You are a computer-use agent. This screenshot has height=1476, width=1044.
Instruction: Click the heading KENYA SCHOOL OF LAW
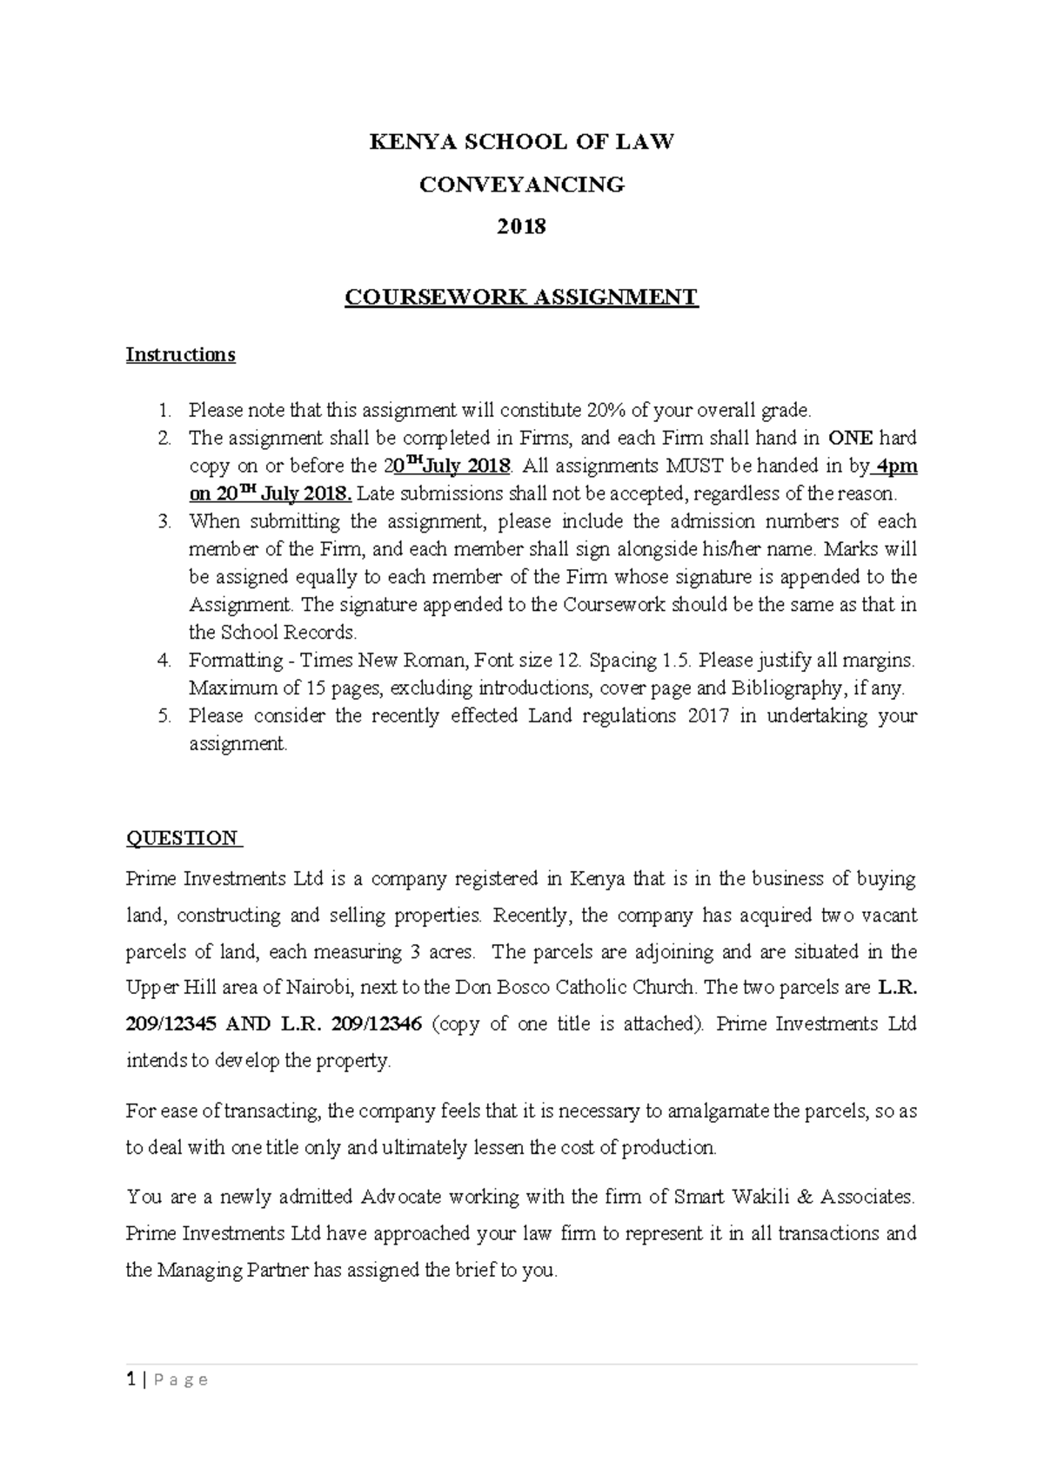tap(521, 142)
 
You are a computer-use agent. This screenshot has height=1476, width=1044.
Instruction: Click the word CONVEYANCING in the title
tap(521, 184)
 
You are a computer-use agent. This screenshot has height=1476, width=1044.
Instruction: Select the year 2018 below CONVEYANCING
tap(521, 227)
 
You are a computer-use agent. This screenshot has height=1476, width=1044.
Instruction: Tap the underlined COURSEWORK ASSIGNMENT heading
tap(521, 298)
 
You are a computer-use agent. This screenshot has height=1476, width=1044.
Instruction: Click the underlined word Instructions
tap(180, 355)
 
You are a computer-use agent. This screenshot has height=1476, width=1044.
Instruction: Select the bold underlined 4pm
tap(896, 466)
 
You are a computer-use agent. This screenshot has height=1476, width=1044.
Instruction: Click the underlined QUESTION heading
tap(182, 838)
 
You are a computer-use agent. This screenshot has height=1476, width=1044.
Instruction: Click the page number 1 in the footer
tap(130, 1379)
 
